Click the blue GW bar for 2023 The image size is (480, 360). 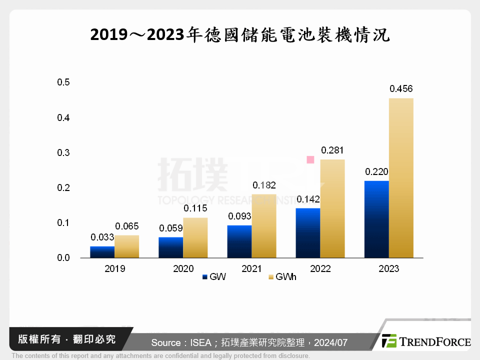(376, 219)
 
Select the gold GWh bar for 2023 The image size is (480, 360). (401, 177)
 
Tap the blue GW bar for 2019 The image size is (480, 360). (102, 252)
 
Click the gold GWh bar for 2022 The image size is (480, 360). (332, 208)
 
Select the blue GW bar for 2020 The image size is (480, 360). (171, 247)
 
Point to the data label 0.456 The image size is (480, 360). (401, 89)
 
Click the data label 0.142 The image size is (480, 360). (308, 199)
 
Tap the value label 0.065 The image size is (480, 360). (126, 226)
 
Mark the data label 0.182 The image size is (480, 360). (264, 185)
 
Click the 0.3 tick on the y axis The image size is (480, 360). (63, 152)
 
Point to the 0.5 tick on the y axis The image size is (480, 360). (63, 82)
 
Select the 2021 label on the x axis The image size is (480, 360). (251, 269)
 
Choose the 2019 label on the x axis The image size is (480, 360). (114, 269)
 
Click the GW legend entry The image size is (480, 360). (214, 277)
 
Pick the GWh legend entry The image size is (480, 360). (282, 277)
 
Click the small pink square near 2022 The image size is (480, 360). (310, 159)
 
